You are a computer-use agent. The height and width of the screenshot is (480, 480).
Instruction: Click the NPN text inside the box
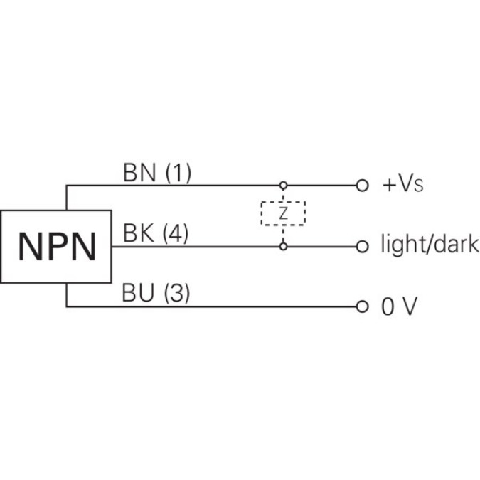[56, 247]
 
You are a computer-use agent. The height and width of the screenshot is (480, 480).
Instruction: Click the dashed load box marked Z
[283, 213]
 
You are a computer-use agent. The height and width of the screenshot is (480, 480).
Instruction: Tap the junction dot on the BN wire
[283, 186]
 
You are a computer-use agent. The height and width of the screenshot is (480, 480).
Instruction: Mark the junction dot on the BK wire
[283, 247]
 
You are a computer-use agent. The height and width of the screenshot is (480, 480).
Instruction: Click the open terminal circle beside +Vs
[363, 186]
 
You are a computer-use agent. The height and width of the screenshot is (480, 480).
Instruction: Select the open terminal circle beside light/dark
[363, 247]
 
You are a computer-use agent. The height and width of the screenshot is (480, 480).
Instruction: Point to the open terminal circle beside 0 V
[363, 307]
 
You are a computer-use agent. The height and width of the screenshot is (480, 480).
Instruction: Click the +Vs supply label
[403, 185]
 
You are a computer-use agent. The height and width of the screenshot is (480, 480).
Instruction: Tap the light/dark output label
[430, 246]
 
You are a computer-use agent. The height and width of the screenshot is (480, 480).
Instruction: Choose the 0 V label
[398, 307]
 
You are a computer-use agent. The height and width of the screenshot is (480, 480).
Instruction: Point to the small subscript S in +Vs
[419, 188]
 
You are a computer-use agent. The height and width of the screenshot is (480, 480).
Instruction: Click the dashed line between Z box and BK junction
[283, 234]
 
